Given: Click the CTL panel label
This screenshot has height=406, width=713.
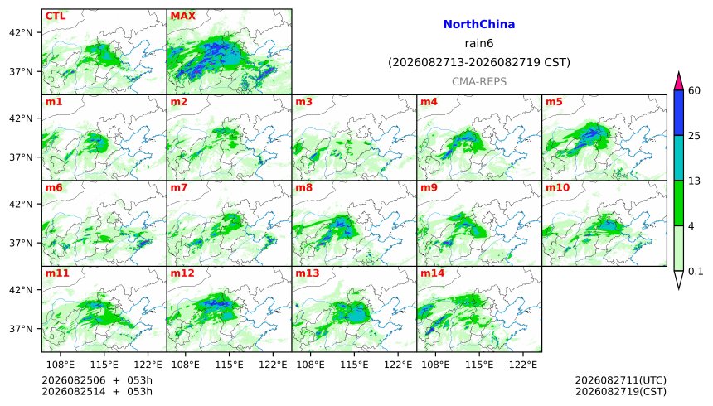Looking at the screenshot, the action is tap(55, 16).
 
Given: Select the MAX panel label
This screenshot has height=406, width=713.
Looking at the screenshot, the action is tap(182, 16).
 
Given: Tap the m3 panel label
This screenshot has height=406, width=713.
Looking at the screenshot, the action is tap(303, 101).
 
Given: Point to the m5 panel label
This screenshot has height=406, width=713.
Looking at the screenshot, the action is tap(554, 101).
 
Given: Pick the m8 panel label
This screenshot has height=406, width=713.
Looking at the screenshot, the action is tap(303, 187).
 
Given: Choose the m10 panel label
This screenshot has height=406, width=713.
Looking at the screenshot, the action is tap(557, 187).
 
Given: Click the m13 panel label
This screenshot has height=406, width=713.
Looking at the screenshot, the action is tap(308, 273).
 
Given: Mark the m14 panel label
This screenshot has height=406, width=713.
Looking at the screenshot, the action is tap(433, 273).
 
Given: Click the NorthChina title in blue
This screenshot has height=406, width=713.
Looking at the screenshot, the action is tap(479, 25).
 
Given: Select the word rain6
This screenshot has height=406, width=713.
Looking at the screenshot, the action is tap(479, 44).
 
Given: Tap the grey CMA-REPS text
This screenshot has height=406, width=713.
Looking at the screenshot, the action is tap(479, 81).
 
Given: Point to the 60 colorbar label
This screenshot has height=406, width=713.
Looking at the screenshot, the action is tap(694, 90).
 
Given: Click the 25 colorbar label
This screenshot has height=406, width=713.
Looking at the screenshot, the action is tap(694, 136).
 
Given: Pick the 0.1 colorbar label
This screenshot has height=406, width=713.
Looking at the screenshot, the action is tap(696, 272).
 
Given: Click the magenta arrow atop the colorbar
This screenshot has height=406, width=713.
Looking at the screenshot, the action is tap(679, 81).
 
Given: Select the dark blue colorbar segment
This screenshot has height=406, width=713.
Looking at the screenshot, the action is tap(679, 113).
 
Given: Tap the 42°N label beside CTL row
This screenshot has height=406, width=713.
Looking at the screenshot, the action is tap(21, 33).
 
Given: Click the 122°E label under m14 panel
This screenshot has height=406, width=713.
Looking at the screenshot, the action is tap(523, 365).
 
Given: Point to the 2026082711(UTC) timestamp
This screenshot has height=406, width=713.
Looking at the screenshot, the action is tap(621, 380).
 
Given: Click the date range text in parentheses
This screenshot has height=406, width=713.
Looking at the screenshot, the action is tap(479, 62).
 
